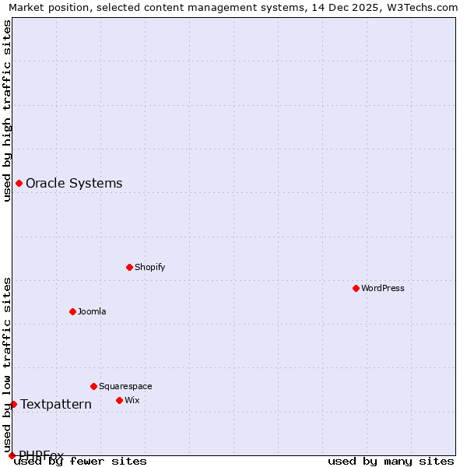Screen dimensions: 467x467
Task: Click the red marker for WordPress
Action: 356,288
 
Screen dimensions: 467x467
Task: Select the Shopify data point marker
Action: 129,267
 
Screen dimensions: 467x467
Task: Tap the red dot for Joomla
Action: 72,311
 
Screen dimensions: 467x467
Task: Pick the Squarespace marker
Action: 93,386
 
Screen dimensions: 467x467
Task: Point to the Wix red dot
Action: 119,400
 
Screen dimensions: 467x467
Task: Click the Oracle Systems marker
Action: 19,184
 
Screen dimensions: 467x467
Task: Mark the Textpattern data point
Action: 13,404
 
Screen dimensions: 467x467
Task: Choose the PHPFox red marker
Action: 12,455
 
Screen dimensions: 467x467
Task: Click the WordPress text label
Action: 383,288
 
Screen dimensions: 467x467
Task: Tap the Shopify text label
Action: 150,267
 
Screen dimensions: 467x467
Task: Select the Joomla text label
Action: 92,311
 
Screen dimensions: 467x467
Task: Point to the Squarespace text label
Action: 125,386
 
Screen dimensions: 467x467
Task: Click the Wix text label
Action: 132,400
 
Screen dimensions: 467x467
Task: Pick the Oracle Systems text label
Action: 74,184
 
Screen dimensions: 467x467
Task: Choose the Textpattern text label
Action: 56,404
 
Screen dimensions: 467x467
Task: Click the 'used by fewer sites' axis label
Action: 81,462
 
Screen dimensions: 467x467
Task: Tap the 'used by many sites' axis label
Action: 391,462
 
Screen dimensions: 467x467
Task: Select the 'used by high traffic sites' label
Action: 8,111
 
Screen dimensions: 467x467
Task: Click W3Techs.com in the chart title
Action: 418,7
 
